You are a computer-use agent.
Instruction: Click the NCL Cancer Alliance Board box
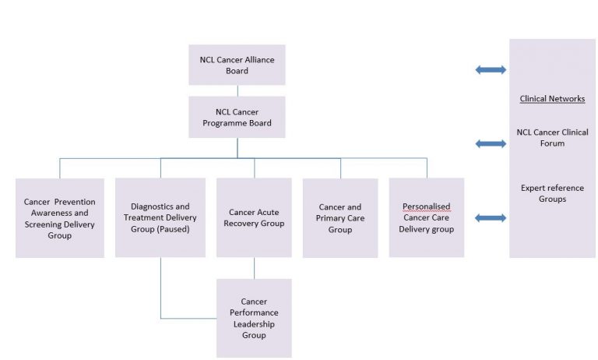[x=237, y=65]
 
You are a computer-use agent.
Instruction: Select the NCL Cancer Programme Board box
[x=237, y=117]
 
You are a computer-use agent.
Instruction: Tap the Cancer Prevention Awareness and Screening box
[x=60, y=218]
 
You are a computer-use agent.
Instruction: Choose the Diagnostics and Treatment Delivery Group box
[x=160, y=217]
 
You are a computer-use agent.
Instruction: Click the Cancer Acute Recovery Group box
[x=254, y=217]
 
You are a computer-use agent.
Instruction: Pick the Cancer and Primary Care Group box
[x=340, y=218]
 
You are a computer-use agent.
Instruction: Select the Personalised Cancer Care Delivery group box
[x=427, y=217]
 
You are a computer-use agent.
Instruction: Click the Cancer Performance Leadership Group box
[x=254, y=318]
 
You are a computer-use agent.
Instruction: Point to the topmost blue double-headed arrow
[x=491, y=70]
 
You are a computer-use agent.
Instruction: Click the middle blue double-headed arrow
[x=491, y=143]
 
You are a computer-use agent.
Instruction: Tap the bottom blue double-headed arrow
[x=491, y=218]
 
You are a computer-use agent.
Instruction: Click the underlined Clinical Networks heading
[x=552, y=99]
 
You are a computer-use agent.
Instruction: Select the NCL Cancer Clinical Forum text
[x=552, y=137]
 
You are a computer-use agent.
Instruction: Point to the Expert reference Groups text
[x=552, y=193]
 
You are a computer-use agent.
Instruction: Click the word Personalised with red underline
[x=426, y=206]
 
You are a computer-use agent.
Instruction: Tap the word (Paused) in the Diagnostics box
[x=184, y=229]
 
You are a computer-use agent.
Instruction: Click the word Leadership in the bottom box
[x=254, y=324]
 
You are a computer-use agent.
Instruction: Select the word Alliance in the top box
[x=254, y=60]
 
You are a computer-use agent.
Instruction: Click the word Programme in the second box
[x=237, y=123]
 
